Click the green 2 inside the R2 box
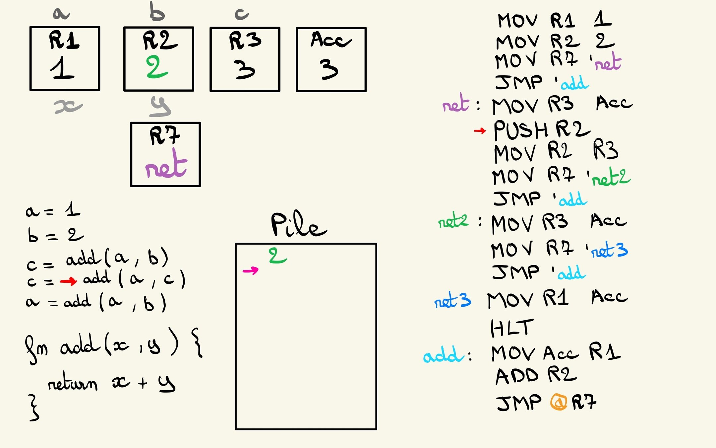point(157,67)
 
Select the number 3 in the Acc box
point(329,69)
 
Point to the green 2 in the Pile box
point(277,256)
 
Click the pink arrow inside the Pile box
point(251,270)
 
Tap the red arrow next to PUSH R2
point(480,131)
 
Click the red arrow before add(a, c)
point(68,281)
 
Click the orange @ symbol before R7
point(559,402)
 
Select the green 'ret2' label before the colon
point(453,220)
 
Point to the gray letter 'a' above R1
point(61,14)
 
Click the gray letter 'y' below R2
point(160,107)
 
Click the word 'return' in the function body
point(73,384)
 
